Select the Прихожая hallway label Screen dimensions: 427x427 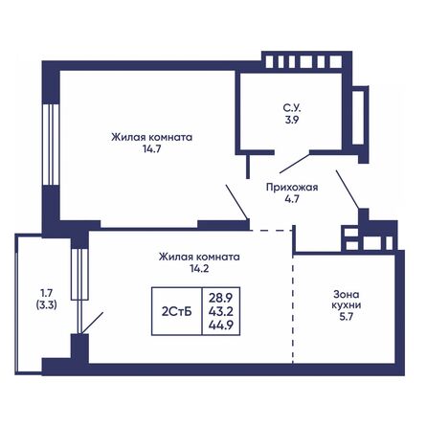pyautogui.click(x=284, y=188)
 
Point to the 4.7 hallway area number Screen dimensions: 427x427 pyautogui.click(x=284, y=201)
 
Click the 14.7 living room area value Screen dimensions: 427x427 pyautogui.click(x=152, y=151)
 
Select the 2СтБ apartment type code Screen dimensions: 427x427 pyautogui.click(x=173, y=307)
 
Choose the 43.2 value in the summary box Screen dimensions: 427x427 pyautogui.click(x=221, y=307)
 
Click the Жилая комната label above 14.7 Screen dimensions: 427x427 pyautogui.click(x=152, y=138)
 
